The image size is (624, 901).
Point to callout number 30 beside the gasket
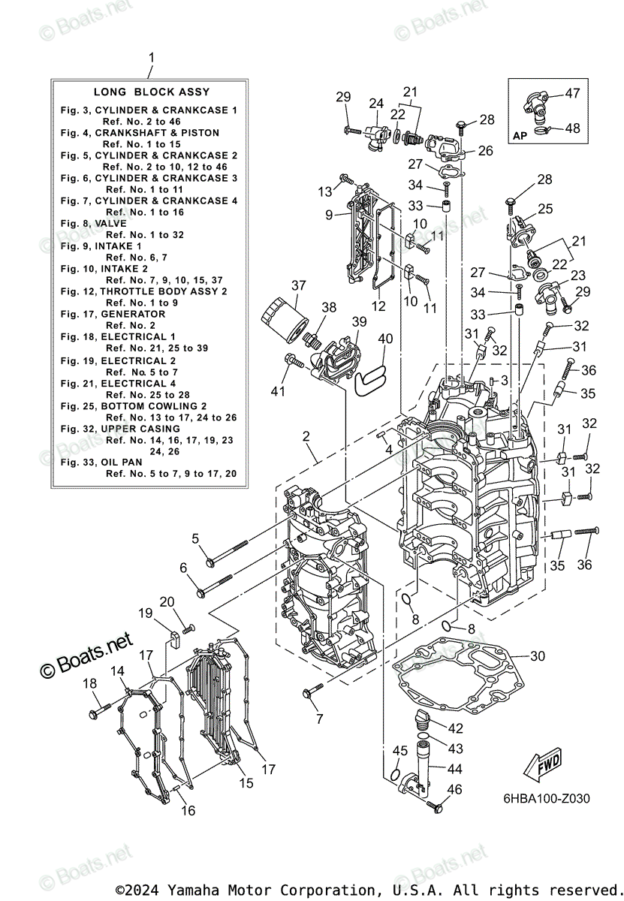tap(537, 656)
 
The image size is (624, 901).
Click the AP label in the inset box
tap(520, 135)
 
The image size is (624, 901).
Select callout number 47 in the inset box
tap(573, 94)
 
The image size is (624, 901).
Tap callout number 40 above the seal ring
tap(385, 339)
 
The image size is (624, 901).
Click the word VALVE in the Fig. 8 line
tap(111, 224)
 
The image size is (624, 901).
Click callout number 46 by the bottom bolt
tap(454, 789)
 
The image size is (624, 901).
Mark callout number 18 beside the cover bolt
tap(89, 683)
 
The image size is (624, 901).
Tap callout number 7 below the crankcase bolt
tap(319, 719)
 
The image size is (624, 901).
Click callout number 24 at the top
tap(376, 103)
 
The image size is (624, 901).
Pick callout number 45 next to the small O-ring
tap(400, 751)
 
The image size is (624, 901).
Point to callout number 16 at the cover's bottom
tap(188, 810)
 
